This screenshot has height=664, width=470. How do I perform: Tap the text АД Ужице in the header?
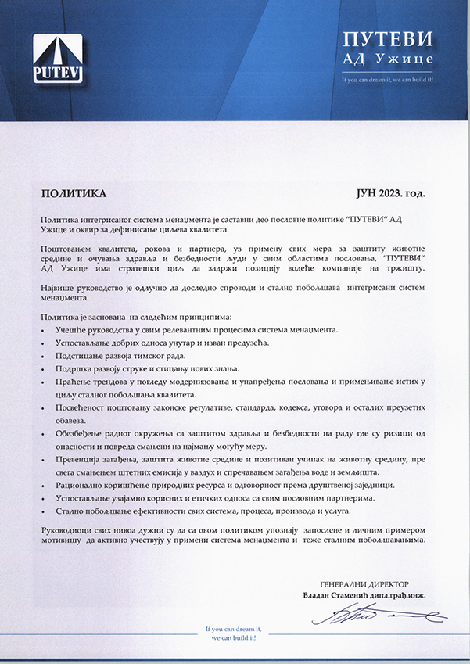(388, 59)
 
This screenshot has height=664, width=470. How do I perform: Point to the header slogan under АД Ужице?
(388, 79)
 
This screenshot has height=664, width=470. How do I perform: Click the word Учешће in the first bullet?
(69, 330)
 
